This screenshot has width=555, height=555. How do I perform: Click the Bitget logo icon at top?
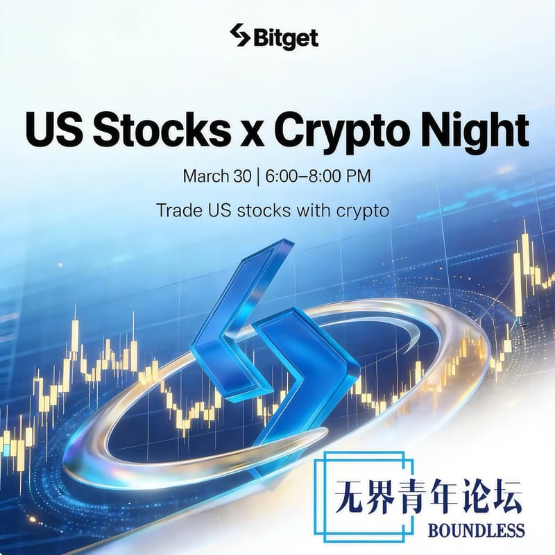(x=239, y=37)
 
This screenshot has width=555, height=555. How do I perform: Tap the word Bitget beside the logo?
(x=285, y=37)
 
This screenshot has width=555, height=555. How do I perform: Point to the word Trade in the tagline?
(x=177, y=210)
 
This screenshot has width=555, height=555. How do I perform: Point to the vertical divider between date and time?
(x=257, y=176)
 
